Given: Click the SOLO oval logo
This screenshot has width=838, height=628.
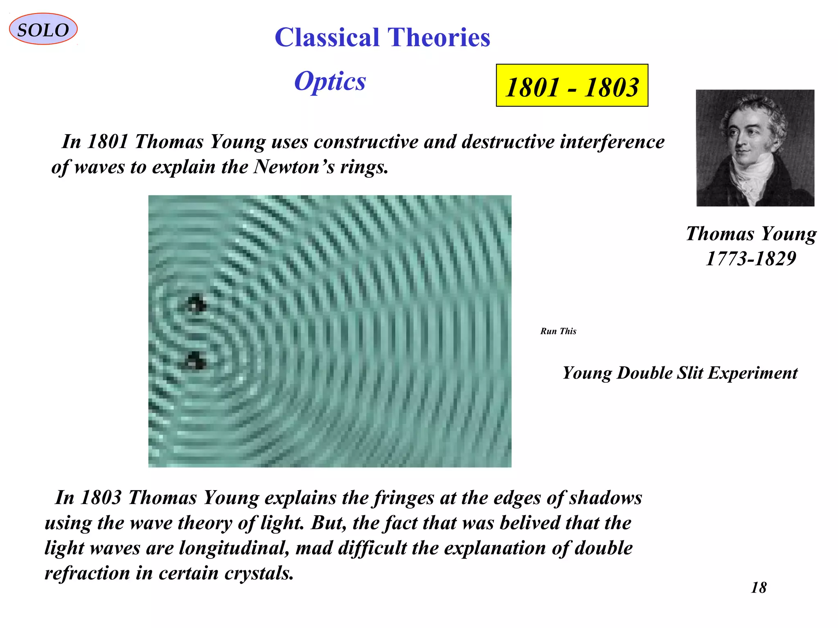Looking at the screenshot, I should click(43, 29).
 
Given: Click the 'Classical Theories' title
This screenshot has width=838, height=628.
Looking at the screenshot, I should click(382, 38).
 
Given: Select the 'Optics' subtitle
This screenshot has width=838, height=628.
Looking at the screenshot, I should click(330, 81).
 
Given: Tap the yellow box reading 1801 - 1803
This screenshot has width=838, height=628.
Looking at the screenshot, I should click(572, 86).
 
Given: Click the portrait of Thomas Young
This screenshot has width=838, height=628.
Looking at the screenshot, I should click(755, 148).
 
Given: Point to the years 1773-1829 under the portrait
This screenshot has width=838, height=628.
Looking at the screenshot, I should click(751, 258).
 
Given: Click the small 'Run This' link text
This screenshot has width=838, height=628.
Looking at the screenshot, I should click(558, 331).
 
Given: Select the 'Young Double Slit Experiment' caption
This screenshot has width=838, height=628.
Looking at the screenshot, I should click(680, 373).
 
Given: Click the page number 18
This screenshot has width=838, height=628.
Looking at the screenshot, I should click(759, 588).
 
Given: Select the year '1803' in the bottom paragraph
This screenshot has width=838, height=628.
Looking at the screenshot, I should click(101, 498).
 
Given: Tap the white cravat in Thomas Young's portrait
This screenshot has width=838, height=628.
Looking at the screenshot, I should click(753, 176).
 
